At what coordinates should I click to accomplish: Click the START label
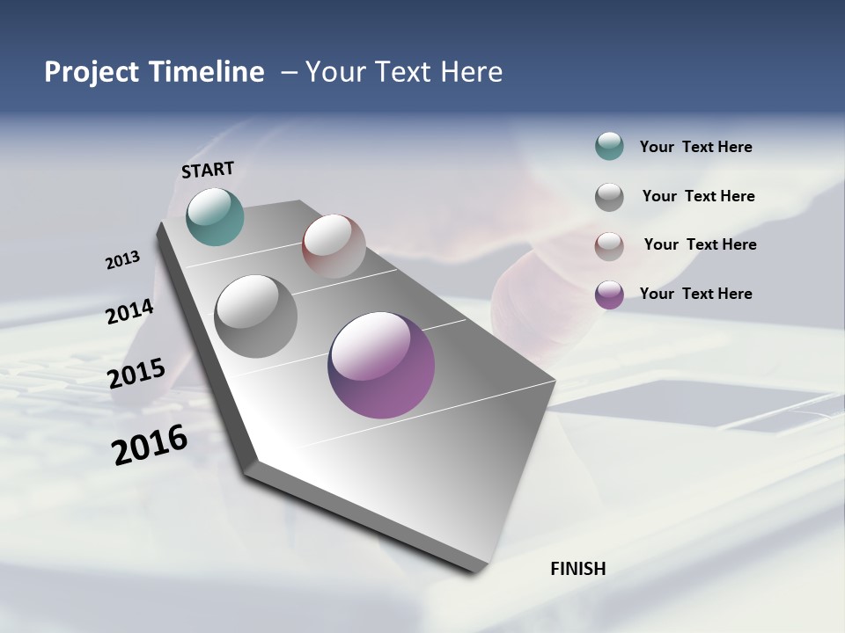point(208,170)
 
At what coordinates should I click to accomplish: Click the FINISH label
point(578,569)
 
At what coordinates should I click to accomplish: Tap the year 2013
point(123,260)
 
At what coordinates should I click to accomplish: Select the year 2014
point(129,312)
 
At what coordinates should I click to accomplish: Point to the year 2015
point(136,374)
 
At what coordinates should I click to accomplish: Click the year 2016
point(150,445)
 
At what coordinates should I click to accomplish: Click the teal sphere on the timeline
point(216,216)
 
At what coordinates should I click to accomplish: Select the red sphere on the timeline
point(334,246)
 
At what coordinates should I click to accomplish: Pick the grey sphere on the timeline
point(256,316)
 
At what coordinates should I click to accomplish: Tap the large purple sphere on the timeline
point(381,365)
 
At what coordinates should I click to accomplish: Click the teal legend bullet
point(609,146)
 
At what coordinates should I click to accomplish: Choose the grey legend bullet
point(609,197)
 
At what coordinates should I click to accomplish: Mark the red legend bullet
point(609,246)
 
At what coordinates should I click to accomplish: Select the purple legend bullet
point(609,295)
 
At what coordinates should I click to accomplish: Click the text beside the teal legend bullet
point(695,148)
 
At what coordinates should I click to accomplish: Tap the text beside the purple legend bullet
point(695,294)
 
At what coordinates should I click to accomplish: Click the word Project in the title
point(92,72)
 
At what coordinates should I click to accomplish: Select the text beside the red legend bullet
point(700,244)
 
